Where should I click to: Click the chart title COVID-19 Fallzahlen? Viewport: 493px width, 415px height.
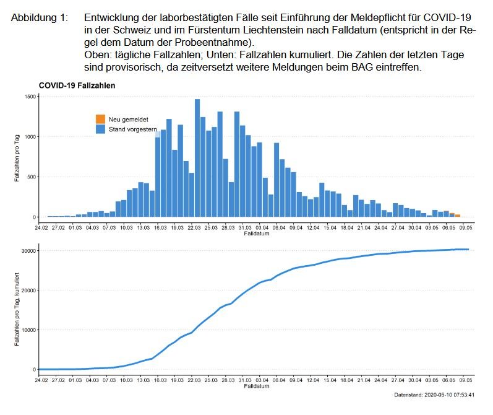pos(77,85)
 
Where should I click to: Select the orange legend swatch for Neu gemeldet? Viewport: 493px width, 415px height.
pos(100,118)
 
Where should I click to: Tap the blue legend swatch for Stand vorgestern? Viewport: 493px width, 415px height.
pos(100,129)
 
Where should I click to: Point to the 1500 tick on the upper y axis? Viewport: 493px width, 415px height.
pos(29,97)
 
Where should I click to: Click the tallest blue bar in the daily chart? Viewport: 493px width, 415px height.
pos(197,158)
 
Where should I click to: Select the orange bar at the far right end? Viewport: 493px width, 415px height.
pos(458,215)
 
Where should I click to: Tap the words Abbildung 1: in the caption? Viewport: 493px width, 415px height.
pos(40,19)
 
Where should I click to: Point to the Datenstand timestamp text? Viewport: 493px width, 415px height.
pos(434,395)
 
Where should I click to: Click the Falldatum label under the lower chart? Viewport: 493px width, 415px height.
pos(257,386)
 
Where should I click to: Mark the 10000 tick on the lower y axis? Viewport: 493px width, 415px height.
pos(27,330)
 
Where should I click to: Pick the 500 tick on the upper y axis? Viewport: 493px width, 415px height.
pos(31,177)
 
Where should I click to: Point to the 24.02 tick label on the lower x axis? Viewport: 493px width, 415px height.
pos(41,379)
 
